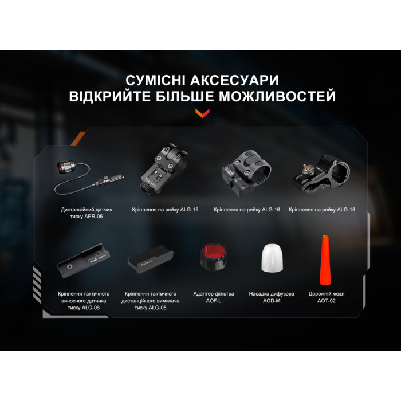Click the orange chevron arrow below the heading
tap(200, 112)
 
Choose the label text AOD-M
tap(272, 301)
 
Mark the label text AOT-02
tap(326, 301)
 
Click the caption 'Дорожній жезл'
tap(326, 294)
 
